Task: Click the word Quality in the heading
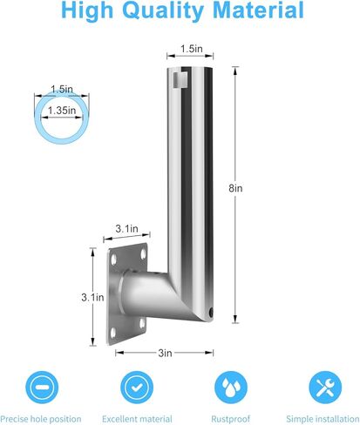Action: click(x=165, y=11)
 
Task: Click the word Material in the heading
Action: click(x=258, y=10)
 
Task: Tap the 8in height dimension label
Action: click(x=235, y=188)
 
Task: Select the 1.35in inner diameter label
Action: click(x=62, y=111)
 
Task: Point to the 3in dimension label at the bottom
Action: click(x=165, y=353)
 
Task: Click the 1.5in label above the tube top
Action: click(x=192, y=49)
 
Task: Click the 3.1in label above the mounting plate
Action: click(x=126, y=228)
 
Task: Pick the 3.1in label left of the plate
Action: click(x=92, y=297)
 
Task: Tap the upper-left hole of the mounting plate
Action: click(x=113, y=259)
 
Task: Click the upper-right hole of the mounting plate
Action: click(x=143, y=254)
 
